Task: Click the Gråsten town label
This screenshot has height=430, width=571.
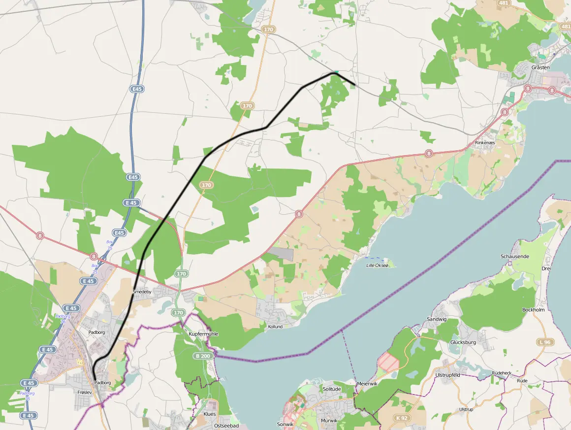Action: (x=540, y=67)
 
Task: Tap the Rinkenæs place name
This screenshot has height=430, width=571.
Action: (x=484, y=143)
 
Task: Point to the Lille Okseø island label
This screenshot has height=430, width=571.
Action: (x=378, y=265)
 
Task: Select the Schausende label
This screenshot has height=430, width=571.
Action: (x=515, y=257)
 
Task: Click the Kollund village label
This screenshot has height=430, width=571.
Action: (x=275, y=327)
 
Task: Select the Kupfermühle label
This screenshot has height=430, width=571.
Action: (x=203, y=334)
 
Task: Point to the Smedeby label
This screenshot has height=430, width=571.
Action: (x=142, y=292)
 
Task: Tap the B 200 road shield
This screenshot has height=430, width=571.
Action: (x=202, y=356)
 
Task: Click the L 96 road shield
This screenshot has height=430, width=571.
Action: (x=544, y=341)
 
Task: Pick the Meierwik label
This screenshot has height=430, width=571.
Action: (x=366, y=383)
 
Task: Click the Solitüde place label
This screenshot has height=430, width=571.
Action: (x=331, y=389)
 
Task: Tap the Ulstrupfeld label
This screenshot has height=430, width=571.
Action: (x=447, y=375)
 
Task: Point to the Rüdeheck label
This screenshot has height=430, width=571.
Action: (x=502, y=373)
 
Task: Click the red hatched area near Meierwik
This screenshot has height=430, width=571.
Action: (x=389, y=364)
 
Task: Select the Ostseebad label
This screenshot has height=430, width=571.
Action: (x=227, y=426)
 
